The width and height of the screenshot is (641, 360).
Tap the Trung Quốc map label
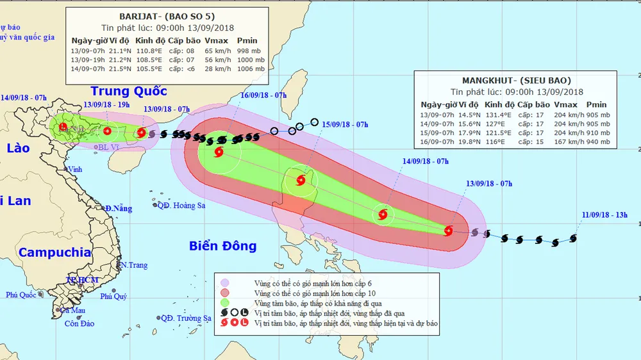tap(128, 91)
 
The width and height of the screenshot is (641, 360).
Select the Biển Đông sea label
tap(223, 245)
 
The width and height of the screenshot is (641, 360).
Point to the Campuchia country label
tap(54, 252)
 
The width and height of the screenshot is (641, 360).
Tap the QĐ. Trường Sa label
tap(186, 318)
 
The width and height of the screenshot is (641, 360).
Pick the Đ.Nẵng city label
tap(119, 209)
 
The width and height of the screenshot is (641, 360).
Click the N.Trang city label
tap(134, 265)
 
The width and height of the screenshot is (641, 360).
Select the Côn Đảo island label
tap(78, 323)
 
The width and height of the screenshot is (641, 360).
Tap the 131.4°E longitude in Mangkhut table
tap(497, 115)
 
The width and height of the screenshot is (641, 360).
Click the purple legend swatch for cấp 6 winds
tap(225, 282)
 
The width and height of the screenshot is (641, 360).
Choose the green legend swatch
tap(225, 303)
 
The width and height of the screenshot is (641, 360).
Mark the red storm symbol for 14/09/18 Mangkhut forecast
tap(383, 215)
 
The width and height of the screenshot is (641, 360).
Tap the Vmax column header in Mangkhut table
tap(565, 104)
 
